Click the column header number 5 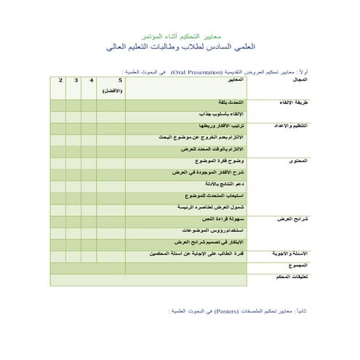click(x=119, y=80)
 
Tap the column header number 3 click(x=76, y=80)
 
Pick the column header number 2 click(x=60, y=80)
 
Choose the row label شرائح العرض click(x=291, y=218)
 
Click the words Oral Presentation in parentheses click(x=193, y=72)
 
